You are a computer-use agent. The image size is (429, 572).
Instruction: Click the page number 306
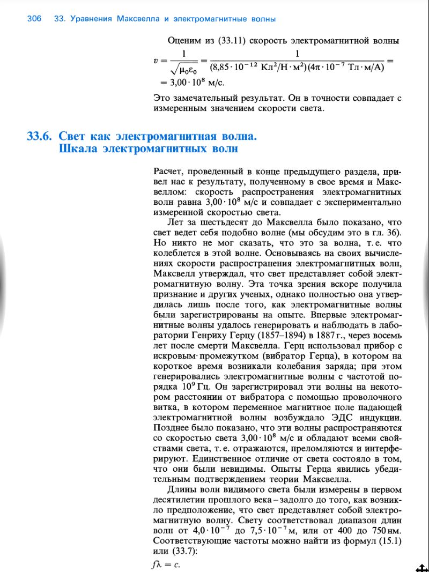(x=34, y=19)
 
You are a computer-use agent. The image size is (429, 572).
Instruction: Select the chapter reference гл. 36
(x=385, y=232)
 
